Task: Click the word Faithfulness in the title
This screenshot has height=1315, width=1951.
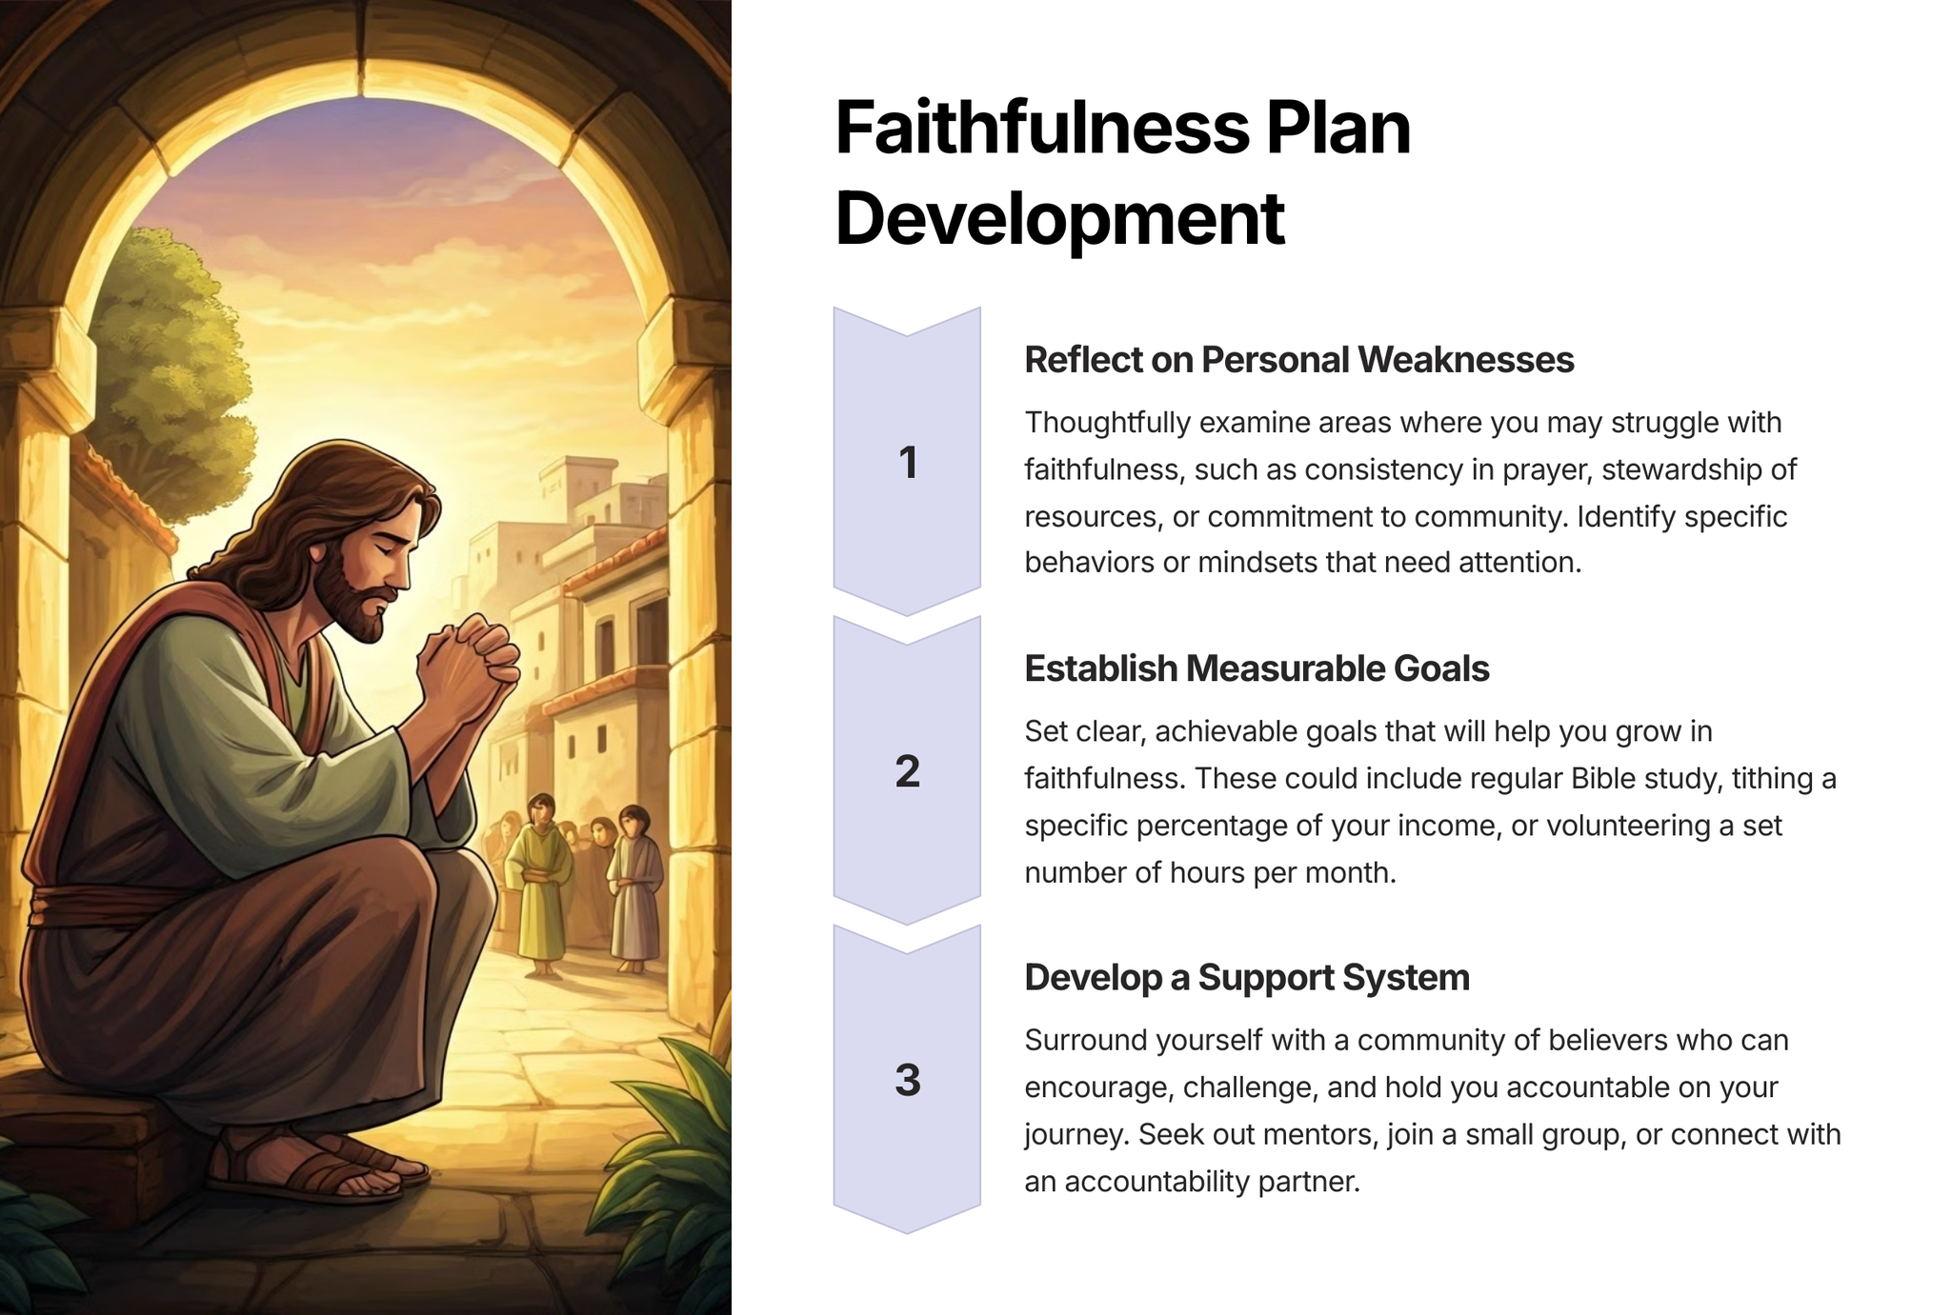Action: point(1041,129)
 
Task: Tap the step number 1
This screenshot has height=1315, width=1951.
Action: point(908,463)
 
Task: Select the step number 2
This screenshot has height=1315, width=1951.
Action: point(908,771)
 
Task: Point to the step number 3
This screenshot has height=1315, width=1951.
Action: point(908,1080)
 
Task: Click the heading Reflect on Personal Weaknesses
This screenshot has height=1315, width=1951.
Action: point(1299,360)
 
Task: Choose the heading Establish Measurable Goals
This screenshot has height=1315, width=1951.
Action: point(1257,668)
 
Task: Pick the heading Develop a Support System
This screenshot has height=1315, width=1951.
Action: point(1247,978)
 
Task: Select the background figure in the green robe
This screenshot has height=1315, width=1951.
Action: point(540,885)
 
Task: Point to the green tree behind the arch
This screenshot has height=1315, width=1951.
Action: point(171,371)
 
